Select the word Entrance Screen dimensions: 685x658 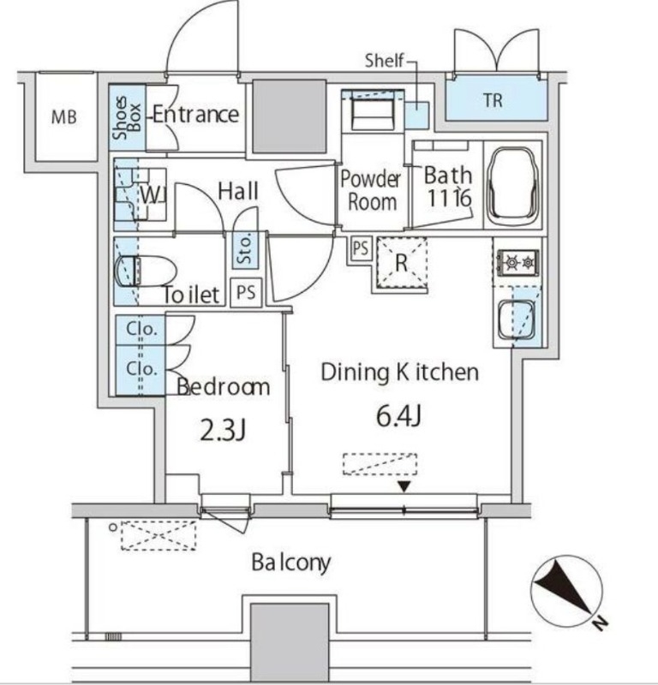194,114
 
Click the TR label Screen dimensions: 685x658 492,101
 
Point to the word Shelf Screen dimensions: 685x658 385,61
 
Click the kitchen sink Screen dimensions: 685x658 517,319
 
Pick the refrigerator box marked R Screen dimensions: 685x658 400,263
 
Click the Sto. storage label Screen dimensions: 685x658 242,249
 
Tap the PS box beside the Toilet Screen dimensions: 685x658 247,293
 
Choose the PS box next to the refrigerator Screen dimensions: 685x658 361,249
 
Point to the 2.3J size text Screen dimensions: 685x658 223,429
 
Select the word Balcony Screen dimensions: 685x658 290,563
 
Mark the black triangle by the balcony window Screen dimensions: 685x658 404,487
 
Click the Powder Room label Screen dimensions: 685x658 371,190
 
